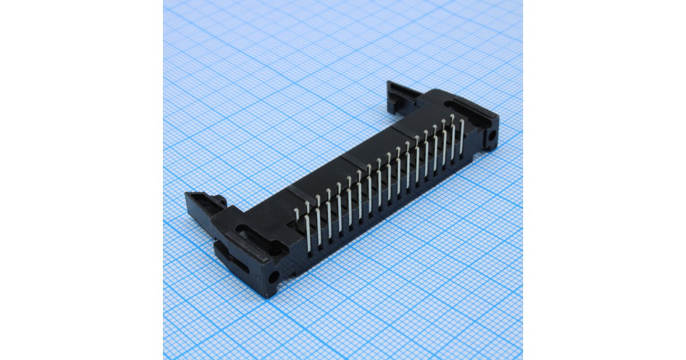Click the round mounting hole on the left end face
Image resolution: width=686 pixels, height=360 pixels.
coord(273,278)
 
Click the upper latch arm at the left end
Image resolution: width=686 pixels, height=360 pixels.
coord(204,201)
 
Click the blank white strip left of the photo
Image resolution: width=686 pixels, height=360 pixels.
coord(80,180)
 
